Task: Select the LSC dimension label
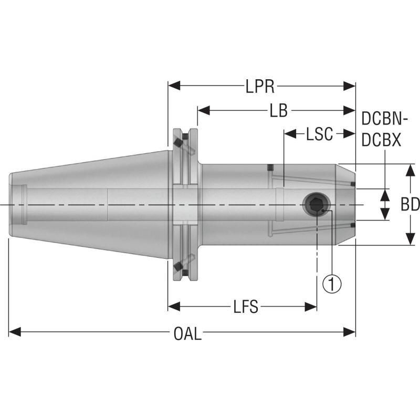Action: point(320,134)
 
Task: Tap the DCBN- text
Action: point(385,119)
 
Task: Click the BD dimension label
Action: point(409,204)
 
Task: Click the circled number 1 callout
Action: point(332,283)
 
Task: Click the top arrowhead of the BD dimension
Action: point(409,169)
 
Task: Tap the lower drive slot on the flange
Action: point(181,265)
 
